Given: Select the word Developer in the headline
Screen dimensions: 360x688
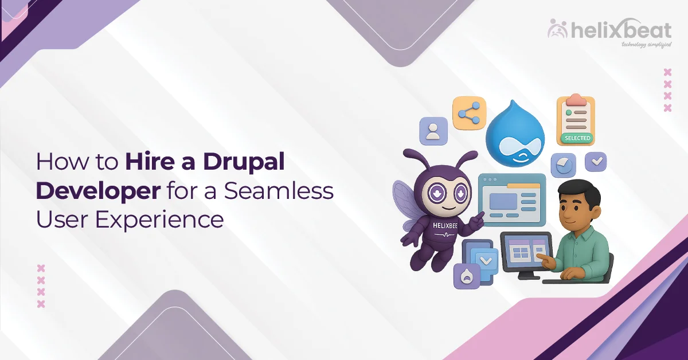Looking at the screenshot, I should coord(97,191).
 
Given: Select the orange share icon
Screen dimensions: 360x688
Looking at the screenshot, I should coord(468,114).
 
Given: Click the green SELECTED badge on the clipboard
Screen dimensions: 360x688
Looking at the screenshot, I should coord(577,138).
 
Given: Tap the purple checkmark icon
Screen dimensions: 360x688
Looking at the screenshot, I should coord(596,162).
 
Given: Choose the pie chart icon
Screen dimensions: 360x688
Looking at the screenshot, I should coord(563,165).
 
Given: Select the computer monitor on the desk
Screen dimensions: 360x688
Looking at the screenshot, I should coord(525,252).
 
